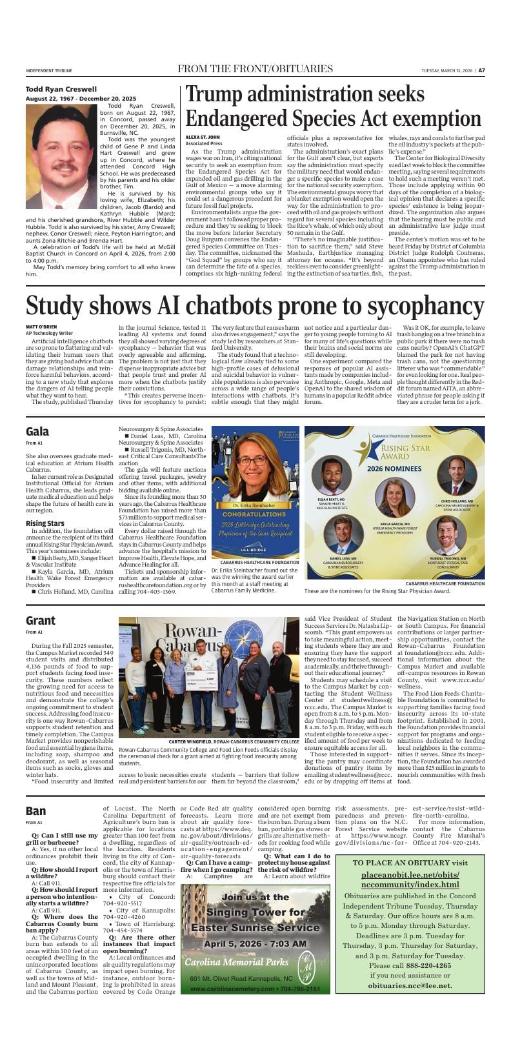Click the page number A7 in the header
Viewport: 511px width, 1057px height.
coord(481,70)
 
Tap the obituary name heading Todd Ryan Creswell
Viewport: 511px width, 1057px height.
coord(61,89)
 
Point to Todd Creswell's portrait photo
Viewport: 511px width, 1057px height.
coord(61,156)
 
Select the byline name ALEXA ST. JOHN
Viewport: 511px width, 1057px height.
coord(203,137)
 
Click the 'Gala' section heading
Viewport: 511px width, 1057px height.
coord(37,432)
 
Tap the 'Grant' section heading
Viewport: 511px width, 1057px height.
coord(41,620)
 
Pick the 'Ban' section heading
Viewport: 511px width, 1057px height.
coord(35,811)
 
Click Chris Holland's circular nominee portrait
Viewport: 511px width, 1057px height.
coord(457,476)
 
